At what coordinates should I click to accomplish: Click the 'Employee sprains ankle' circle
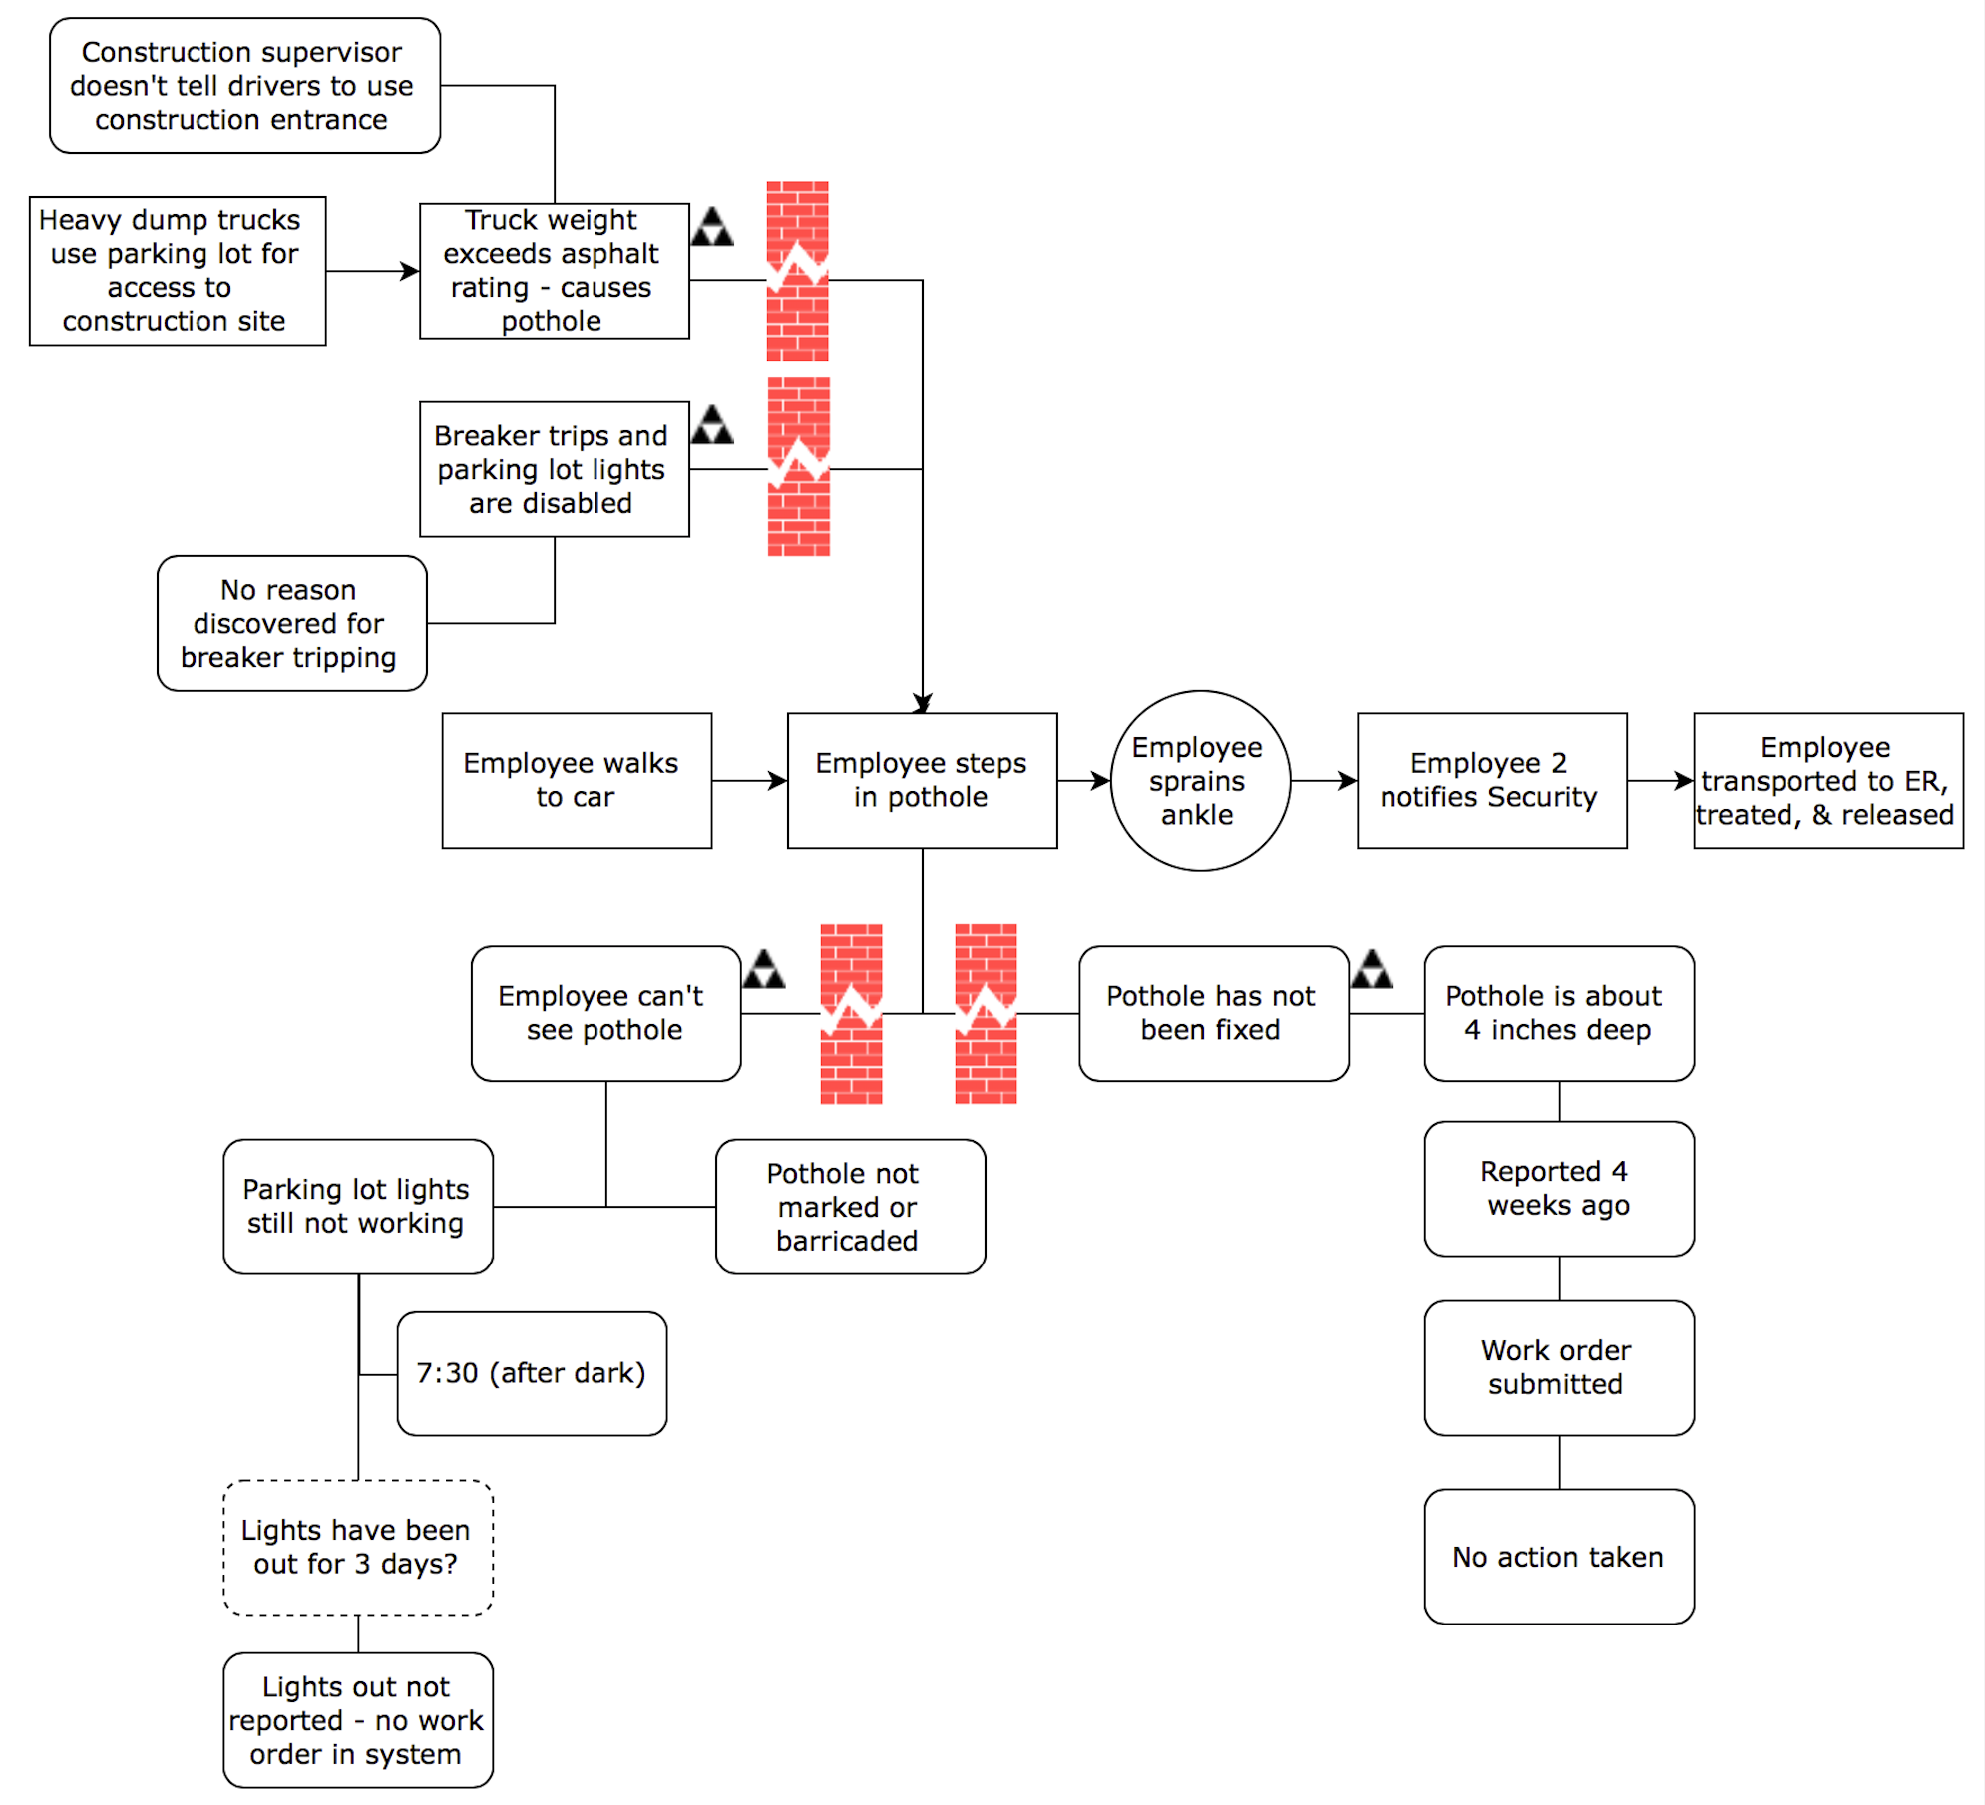click(1200, 780)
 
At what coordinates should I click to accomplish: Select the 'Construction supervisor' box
click(244, 85)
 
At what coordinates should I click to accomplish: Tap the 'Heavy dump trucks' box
click(177, 270)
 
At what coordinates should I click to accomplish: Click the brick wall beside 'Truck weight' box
click(797, 270)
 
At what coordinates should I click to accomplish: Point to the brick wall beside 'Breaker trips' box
click(798, 466)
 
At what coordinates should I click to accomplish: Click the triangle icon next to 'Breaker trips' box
click(711, 426)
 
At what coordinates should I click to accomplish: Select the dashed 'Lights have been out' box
click(357, 1547)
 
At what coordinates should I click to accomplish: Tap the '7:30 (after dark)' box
click(531, 1373)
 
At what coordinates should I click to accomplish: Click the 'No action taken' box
click(1558, 1557)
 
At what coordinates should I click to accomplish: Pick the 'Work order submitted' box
click(1558, 1367)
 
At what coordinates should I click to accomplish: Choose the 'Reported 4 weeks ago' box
click(1558, 1188)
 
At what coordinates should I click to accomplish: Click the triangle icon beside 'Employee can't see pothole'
click(763, 970)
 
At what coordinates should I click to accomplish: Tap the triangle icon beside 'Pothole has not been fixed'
click(1372, 970)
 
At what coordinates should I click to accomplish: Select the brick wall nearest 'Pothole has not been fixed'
click(986, 1013)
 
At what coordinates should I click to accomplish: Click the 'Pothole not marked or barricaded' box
click(850, 1206)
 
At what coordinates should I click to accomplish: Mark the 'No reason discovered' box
click(291, 623)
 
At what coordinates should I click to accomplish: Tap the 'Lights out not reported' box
click(357, 1720)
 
